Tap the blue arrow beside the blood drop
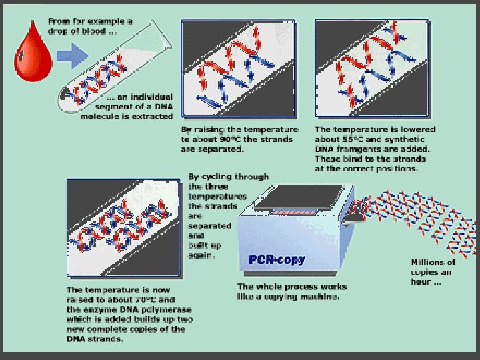coord(72,56)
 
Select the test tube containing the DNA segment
coord(115,67)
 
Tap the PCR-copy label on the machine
coord(277,260)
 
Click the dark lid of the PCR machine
coord(298,197)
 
